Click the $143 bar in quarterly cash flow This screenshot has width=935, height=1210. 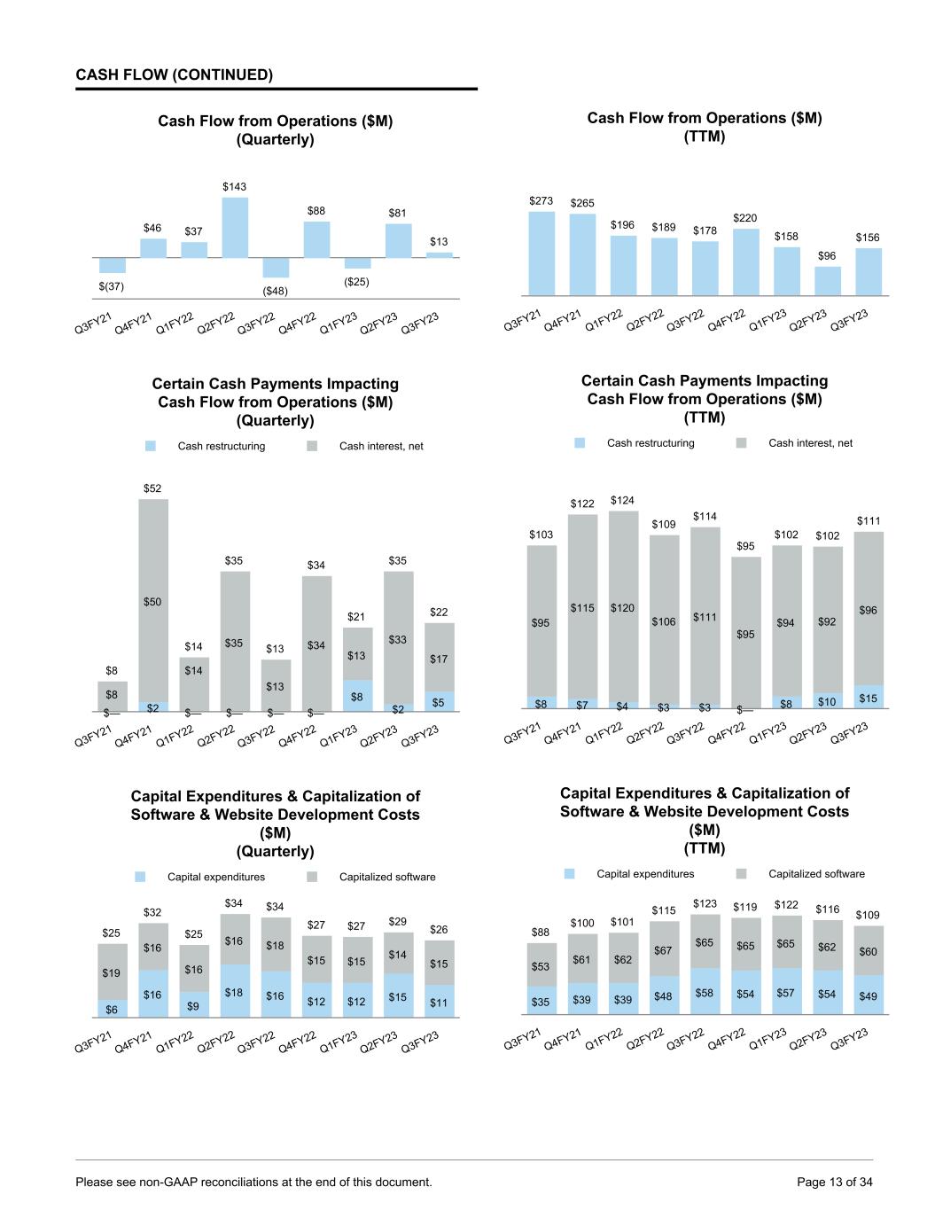click(x=235, y=227)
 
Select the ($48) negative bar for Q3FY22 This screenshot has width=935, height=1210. click(x=276, y=267)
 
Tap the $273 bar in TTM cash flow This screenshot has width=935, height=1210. click(x=542, y=253)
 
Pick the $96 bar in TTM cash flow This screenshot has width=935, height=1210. click(x=827, y=280)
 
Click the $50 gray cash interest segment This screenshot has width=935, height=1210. click(x=153, y=601)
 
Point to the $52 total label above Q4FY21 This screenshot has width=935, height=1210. click(x=152, y=488)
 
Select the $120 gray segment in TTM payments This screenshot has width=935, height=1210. click(x=623, y=607)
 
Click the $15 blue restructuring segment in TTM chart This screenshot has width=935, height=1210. click(x=869, y=698)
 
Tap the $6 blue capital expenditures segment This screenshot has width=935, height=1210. click(x=113, y=1009)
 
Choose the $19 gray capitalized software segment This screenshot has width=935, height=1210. click(x=113, y=972)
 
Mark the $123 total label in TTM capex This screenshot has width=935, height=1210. click(x=705, y=903)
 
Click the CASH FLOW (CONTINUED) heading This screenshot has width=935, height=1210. click(x=175, y=75)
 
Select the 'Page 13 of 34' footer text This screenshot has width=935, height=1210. click(x=835, y=1182)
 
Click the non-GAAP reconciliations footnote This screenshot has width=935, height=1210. click(x=254, y=1182)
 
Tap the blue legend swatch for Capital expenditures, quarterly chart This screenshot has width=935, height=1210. click(x=140, y=877)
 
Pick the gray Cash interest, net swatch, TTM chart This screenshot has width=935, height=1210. click(x=742, y=443)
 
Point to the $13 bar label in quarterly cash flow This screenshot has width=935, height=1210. click(x=439, y=241)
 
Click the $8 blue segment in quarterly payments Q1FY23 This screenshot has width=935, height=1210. click(x=357, y=696)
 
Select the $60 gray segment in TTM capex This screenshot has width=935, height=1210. click(x=869, y=951)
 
